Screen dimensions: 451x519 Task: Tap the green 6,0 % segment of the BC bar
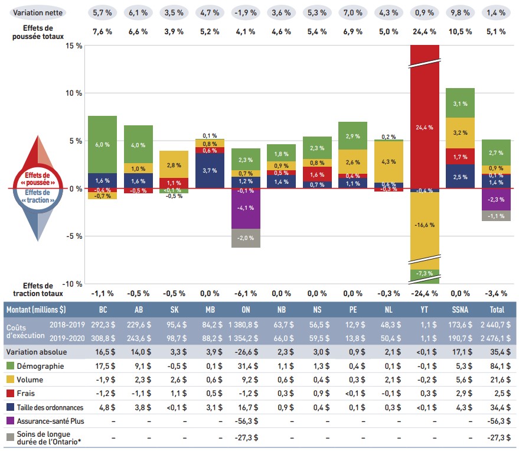[102, 145]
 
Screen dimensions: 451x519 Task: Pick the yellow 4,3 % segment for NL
[389, 161]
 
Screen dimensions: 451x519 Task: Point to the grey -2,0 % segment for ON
[246, 238]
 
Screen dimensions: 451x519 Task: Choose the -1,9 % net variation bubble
[246, 12]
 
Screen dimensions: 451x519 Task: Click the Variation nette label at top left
[39, 12]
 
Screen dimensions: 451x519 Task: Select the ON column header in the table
[246, 309]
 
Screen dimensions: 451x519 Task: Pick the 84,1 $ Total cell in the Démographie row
[496, 366]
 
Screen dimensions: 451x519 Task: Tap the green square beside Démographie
[10, 366]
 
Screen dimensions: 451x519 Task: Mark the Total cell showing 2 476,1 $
[496, 338]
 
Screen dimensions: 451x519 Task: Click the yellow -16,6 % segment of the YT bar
[425, 225]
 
